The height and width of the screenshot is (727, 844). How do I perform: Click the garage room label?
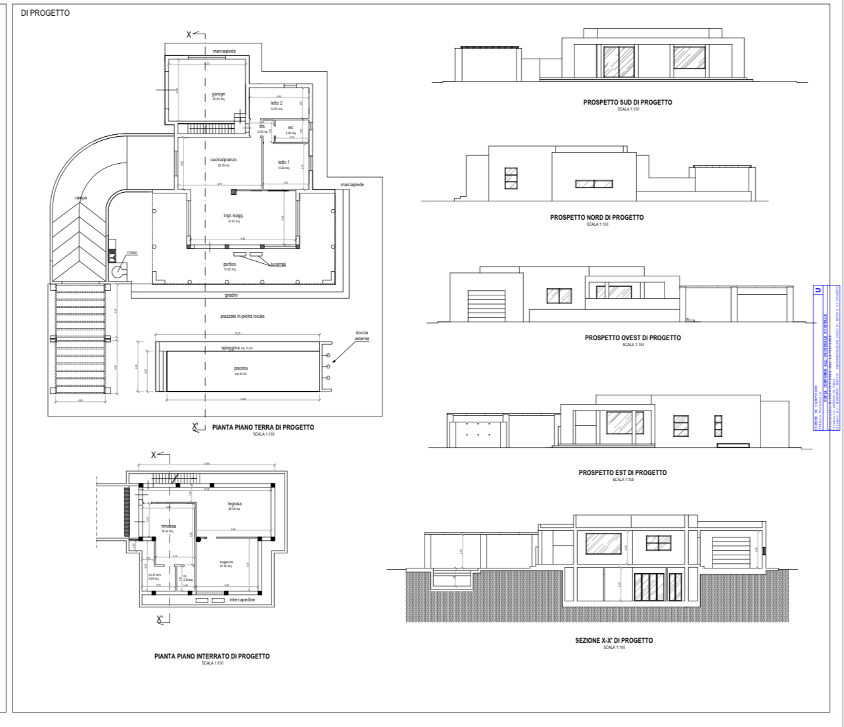218,93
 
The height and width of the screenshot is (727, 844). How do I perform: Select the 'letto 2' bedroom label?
276,103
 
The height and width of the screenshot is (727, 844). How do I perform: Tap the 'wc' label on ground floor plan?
290,128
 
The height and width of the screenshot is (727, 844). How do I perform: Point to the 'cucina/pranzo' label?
223,160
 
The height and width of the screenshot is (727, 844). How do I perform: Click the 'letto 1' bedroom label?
283,162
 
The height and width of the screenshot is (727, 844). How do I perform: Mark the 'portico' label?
229,264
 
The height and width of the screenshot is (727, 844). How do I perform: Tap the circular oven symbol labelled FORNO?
118,270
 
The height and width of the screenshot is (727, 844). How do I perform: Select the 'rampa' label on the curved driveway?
81,197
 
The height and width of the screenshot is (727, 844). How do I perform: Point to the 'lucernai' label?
278,264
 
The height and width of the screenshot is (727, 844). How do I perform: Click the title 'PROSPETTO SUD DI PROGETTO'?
627,102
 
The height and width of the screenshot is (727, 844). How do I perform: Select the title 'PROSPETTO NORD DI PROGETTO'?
597,217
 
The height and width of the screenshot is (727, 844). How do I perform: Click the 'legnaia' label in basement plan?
235,504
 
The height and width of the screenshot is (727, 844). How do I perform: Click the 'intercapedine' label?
242,600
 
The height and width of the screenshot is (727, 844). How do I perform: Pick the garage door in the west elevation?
486,305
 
